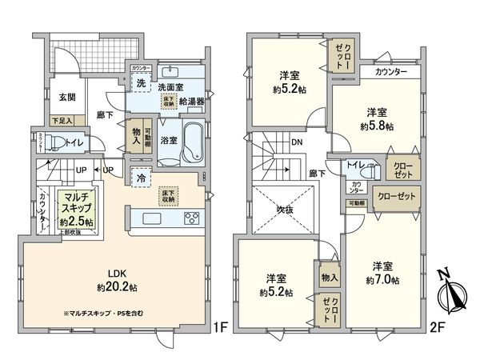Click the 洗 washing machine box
point(141,83)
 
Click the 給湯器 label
point(192,102)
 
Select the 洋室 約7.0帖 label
point(382,272)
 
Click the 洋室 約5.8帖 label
point(376,118)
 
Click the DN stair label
point(295,143)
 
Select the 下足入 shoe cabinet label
point(62,121)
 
